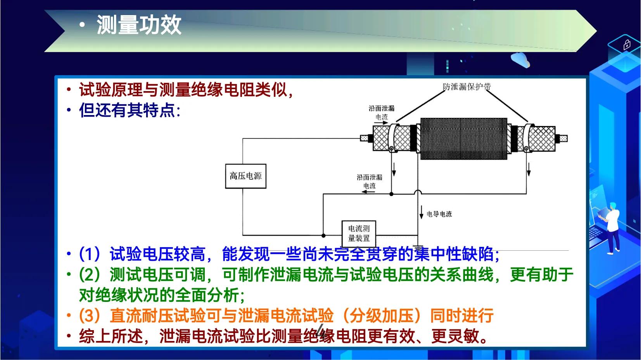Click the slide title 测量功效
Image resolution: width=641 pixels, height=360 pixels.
(139, 26)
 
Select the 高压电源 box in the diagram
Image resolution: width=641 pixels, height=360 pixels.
(245, 176)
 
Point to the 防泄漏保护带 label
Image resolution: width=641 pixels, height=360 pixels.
(466, 87)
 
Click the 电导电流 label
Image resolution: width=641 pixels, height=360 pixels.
(439, 214)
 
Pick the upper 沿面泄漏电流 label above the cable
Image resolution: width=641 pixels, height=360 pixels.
(381, 112)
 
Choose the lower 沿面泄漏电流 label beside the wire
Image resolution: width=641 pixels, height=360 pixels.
(369, 181)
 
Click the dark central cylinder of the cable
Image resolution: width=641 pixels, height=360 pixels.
(463, 139)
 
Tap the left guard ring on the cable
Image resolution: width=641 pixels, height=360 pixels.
(394, 138)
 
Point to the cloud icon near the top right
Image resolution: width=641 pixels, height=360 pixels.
(520, 60)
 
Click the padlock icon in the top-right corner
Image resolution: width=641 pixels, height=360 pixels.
(627, 45)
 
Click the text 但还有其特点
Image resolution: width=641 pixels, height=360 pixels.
(127, 110)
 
